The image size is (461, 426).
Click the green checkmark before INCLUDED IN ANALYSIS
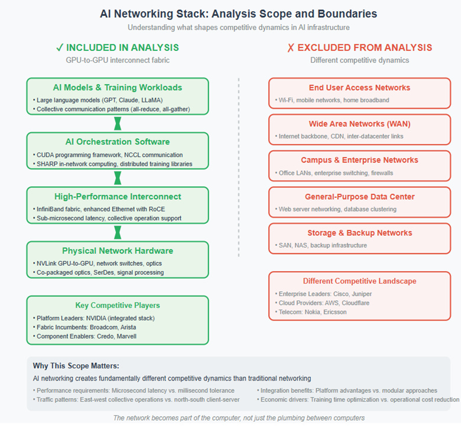click(x=60, y=47)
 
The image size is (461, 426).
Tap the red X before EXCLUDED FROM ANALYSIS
click(x=290, y=47)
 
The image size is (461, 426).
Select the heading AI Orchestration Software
click(x=118, y=142)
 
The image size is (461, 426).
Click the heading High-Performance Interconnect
click(x=118, y=196)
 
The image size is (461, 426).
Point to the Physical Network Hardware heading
click(x=118, y=251)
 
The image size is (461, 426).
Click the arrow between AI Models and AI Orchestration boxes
click(x=118, y=123)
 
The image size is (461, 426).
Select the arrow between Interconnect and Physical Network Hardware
click(x=118, y=232)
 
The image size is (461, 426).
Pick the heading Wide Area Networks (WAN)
click(x=359, y=124)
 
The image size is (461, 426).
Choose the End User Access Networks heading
click(x=359, y=87)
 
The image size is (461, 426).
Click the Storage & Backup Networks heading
click(x=359, y=233)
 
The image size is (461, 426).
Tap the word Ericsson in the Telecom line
click(x=334, y=312)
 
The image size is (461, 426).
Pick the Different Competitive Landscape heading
click(x=359, y=281)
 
